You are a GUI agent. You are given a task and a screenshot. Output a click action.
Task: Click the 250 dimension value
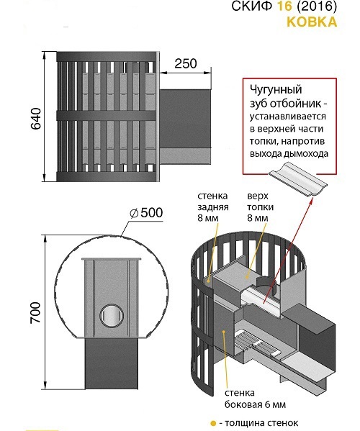(186, 63)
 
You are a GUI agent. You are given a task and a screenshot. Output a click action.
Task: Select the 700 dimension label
(35, 313)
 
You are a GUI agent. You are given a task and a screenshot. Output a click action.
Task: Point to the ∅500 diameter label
(146, 213)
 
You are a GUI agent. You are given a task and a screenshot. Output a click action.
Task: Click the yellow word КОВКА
(312, 22)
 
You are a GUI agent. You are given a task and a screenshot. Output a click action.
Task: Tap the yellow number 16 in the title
(284, 6)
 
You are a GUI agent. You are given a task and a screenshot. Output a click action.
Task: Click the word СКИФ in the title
(253, 6)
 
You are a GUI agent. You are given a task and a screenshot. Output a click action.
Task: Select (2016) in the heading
(316, 6)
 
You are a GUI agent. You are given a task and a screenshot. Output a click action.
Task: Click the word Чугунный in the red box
(276, 90)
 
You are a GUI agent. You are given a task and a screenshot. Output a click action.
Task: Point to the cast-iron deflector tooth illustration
(298, 180)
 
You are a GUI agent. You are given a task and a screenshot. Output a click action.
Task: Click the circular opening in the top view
(112, 315)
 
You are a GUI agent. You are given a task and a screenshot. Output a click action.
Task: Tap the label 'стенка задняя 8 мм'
(213, 207)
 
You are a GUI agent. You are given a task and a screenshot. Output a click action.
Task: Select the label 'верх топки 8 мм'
(260, 207)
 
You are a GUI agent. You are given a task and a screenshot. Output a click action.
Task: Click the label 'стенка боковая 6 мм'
(255, 399)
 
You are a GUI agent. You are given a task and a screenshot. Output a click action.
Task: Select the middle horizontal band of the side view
(107, 116)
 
